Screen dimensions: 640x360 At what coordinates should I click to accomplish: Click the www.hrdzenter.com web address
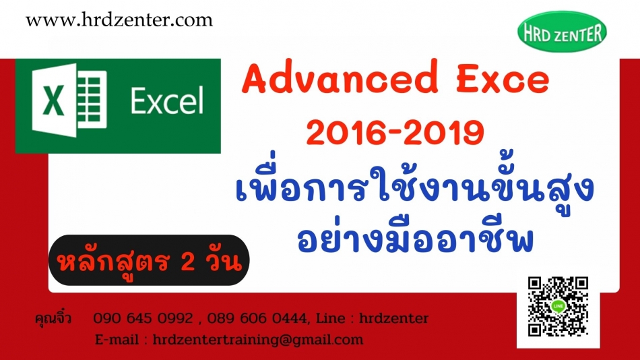coord(119,20)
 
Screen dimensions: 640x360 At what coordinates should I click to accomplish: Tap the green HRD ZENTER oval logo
coord(562,32)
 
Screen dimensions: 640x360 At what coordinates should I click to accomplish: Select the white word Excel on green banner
coord(167,100)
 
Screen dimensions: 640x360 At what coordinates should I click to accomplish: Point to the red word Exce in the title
coord(503,79)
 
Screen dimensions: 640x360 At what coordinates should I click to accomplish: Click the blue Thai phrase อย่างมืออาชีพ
coord(416,237)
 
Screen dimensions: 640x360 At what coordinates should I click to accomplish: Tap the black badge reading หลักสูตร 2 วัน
coord(149,260)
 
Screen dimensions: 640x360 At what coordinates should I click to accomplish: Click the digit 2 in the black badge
coord(187,261)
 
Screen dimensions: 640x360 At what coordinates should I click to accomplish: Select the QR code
coord(558,307)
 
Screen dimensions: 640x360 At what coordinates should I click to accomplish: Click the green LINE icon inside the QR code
coord(558,306)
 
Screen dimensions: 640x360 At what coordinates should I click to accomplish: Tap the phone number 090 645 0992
coord(143,318)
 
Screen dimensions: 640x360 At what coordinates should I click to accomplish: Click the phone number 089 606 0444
coord(257,318)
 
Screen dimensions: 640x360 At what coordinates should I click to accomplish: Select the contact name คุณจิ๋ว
coord(53,318)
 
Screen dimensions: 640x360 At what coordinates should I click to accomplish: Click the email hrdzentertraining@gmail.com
coord(258,340)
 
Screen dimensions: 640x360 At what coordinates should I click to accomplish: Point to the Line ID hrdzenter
coord(393,318)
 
